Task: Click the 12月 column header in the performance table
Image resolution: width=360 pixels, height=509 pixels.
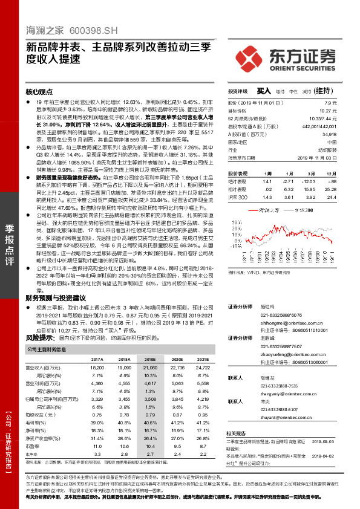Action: click(347, 173)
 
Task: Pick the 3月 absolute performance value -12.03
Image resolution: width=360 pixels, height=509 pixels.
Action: click(310, 181)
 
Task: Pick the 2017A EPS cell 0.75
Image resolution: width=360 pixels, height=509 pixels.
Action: click(97, 415)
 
